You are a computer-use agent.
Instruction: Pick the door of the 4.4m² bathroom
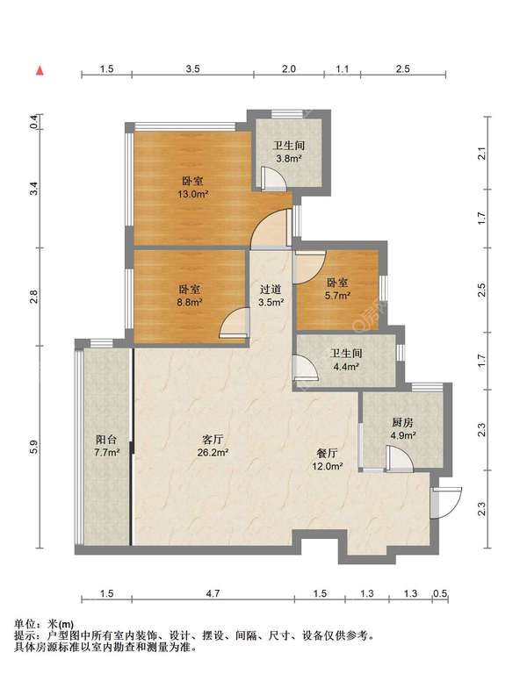305,368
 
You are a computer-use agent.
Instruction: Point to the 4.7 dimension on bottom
212,594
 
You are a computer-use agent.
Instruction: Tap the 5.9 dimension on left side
33,447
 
